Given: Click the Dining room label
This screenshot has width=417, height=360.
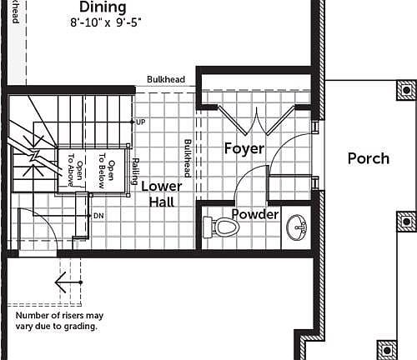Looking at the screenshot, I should click(x=103, y=7).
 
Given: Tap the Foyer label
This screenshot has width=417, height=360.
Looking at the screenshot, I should click(x=244, y=148).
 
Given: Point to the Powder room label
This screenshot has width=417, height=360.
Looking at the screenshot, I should click(x=255, y=214).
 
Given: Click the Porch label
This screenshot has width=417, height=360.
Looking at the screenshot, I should click(x=368, y=157).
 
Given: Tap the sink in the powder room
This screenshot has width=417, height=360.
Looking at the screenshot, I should click(x=295, y=227).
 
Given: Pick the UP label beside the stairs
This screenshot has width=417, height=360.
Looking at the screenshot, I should click(x=140, y=122).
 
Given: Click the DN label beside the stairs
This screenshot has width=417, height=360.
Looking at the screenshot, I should click(x=98, y=216).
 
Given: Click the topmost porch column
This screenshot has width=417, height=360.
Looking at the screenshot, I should click(x=406, y=89).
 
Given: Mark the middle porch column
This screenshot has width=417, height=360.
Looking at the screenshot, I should click(x=406, y=222).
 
